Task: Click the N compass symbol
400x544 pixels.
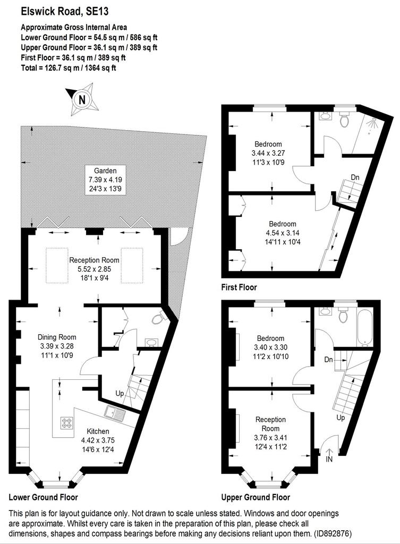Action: (x=82, y=100)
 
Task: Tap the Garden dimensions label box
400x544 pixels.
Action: (x=106, y=180)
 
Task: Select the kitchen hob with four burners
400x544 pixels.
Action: (x=66, y=423)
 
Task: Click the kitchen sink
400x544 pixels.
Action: (x=115, y=412)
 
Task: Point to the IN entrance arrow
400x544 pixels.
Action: (x=329, y=452)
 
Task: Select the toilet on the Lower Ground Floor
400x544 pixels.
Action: (x=159, y=317)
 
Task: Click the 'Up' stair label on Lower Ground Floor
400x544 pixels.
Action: (x=120, y=394)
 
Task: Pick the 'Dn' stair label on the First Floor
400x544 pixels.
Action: (x=355, y=177)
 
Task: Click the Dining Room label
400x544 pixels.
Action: (x=56, y=337)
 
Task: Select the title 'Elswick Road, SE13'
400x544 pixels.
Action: (x=65, y=12)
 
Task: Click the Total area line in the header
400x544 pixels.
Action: (x=69, y=67)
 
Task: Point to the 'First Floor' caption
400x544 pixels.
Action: (x=239, y=287)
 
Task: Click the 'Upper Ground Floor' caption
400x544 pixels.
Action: (x=256, y=497)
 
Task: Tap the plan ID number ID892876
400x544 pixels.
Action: (x=333, y=533)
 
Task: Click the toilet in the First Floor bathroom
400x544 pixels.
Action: (x=344, y=120)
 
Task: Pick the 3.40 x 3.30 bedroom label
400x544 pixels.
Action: (x=271, y=347)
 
